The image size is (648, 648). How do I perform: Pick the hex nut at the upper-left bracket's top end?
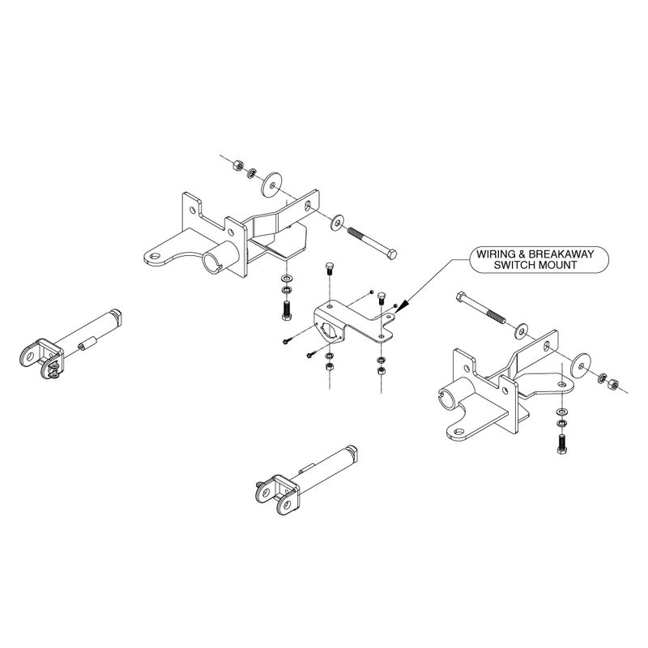(237, 165)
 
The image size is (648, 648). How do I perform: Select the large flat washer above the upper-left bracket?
(271, 185)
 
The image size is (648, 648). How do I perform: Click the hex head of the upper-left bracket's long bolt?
(391, 254)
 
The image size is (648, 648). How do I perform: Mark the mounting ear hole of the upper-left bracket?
(155, 256)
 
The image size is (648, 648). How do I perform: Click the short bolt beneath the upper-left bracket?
(286, 311)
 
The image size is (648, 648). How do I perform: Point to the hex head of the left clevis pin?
(117, 316)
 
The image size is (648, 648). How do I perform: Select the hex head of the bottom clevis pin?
(352, 453)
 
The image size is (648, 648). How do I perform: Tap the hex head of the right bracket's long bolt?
(461, 296)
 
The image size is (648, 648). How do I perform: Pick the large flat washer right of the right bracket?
(581, 366)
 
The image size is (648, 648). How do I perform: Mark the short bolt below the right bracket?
(561, 444)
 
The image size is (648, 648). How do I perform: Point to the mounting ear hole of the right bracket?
(458, 433)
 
